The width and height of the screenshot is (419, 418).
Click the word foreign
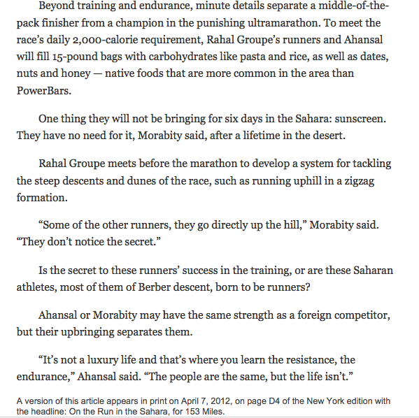(x=313, y=314)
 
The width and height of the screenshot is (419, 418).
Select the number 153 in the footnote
(x=198, y=411)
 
